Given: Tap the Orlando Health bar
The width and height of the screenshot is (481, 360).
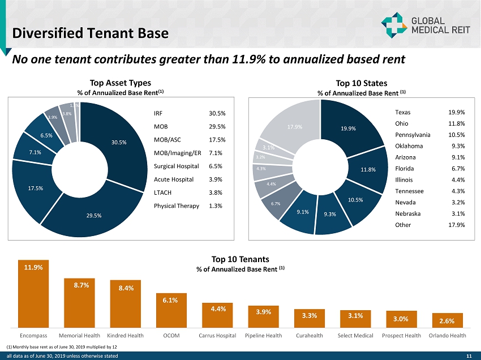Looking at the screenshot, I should point(447,320).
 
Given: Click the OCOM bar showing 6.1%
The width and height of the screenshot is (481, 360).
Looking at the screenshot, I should point(171,310).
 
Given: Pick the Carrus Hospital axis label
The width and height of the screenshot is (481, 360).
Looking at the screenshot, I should point(218,336).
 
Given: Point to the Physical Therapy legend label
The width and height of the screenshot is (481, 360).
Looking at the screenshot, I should point(176,205).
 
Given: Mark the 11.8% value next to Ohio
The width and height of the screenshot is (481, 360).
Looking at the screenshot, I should point(456,123).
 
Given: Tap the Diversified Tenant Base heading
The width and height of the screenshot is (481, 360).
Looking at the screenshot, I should point(91,33).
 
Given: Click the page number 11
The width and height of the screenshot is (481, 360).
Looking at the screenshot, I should point(469,356).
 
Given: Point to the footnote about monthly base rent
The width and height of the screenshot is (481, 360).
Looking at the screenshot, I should point(62,346).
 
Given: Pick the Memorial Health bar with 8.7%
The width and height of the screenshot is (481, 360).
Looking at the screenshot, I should point(80,303).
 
